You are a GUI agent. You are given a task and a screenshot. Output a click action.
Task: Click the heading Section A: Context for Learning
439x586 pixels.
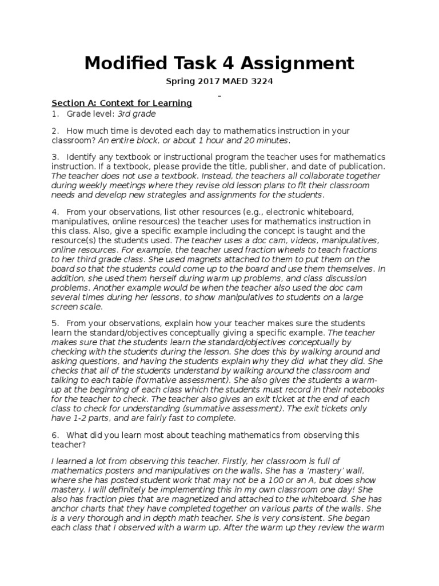coord(122,103)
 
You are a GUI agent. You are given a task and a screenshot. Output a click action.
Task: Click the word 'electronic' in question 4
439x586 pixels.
coord(310,212)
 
